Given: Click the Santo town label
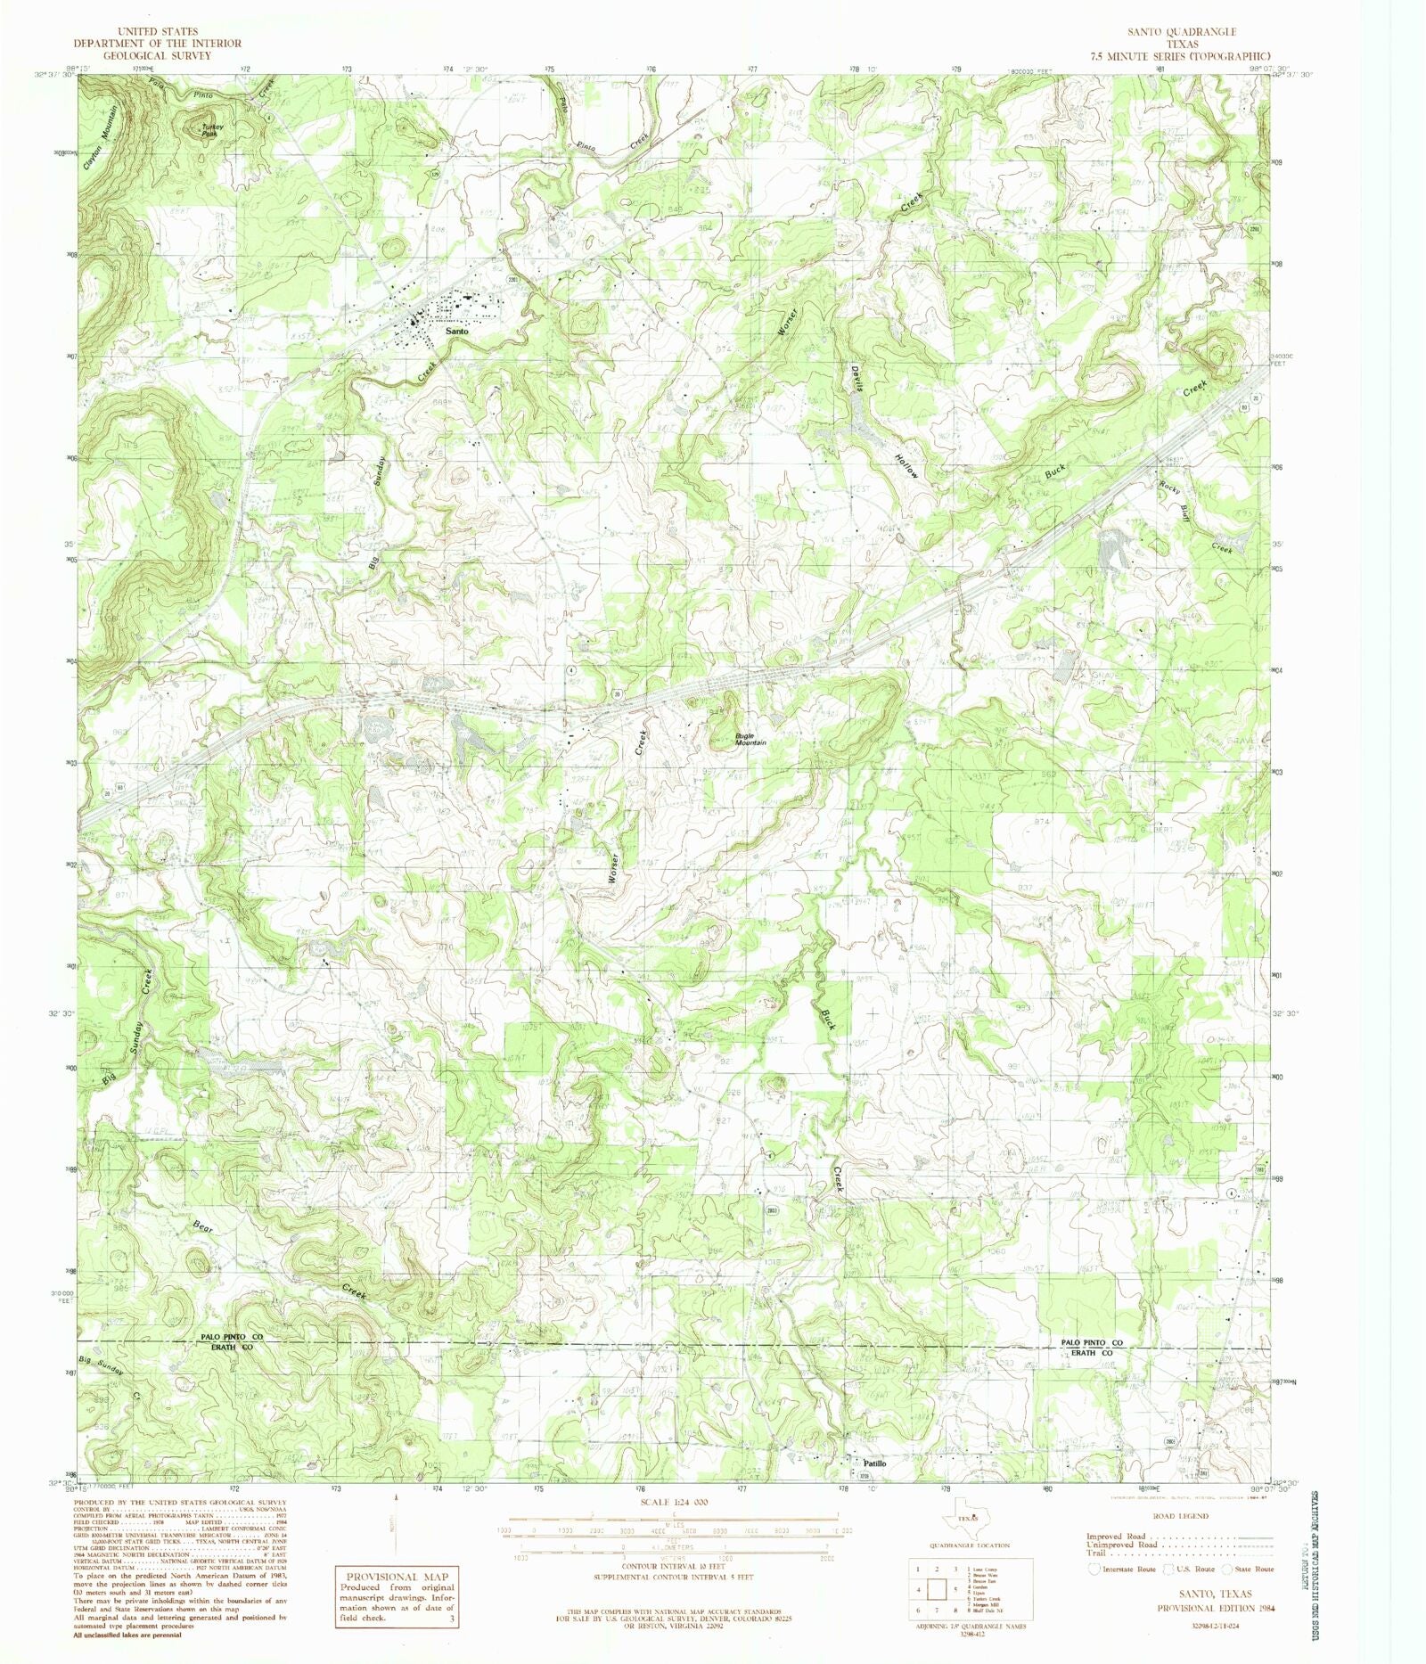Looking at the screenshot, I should (x=456, y=331).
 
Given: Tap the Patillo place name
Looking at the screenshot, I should (x=873, y=1463).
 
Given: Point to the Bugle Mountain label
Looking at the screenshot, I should (x=750, y=739).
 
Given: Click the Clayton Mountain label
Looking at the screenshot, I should (x=100, y=138).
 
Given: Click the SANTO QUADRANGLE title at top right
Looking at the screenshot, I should (x=1181, y=31).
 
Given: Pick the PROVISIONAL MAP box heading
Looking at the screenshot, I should (x=396, y=1576).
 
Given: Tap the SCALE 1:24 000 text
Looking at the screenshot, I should (x=673, y=1502).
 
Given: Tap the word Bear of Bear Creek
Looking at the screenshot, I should (x=202, y=1226).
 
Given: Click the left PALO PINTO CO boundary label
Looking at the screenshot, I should (x=231, y=1338).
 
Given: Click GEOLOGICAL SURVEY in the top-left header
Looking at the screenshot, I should (x=157, y=55).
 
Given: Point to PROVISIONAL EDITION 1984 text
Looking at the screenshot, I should (x=1216, y=1608).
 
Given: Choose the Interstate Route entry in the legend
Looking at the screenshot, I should (x=1122, y=1569).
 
